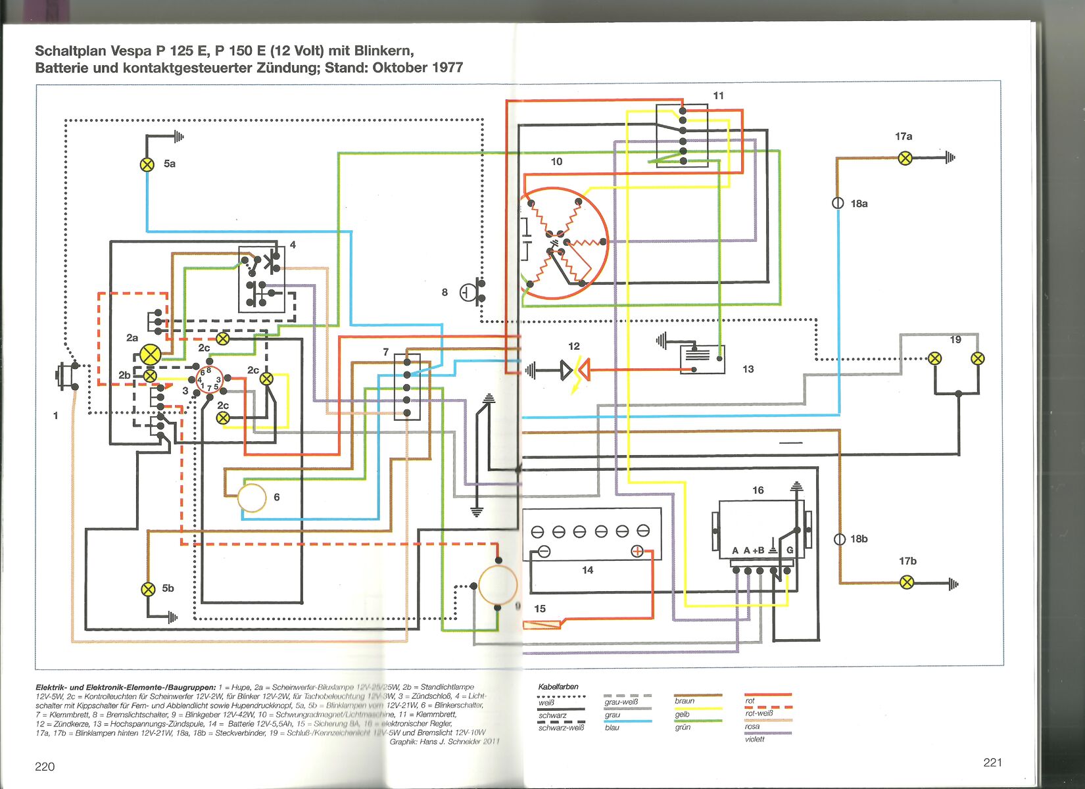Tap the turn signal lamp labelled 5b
(x=149, y=589)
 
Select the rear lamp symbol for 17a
(x=905, y=158)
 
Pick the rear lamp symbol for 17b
(x=907, y=583)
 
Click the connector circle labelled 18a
(x=838, y=203)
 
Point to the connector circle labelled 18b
(x=840, y=539)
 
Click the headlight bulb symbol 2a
(x=151, y=356)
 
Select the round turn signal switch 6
(x=252, y=498)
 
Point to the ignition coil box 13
(x=702, y=359)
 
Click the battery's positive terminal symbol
(x=637, y=552)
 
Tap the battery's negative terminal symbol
(x=544, y=552)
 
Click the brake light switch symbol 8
(x=470, y=291)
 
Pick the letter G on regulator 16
(x=790, y=550)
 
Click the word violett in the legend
(x=755, y=739)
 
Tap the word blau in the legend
(x=612, y=727)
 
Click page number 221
(x=992, y=762)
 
